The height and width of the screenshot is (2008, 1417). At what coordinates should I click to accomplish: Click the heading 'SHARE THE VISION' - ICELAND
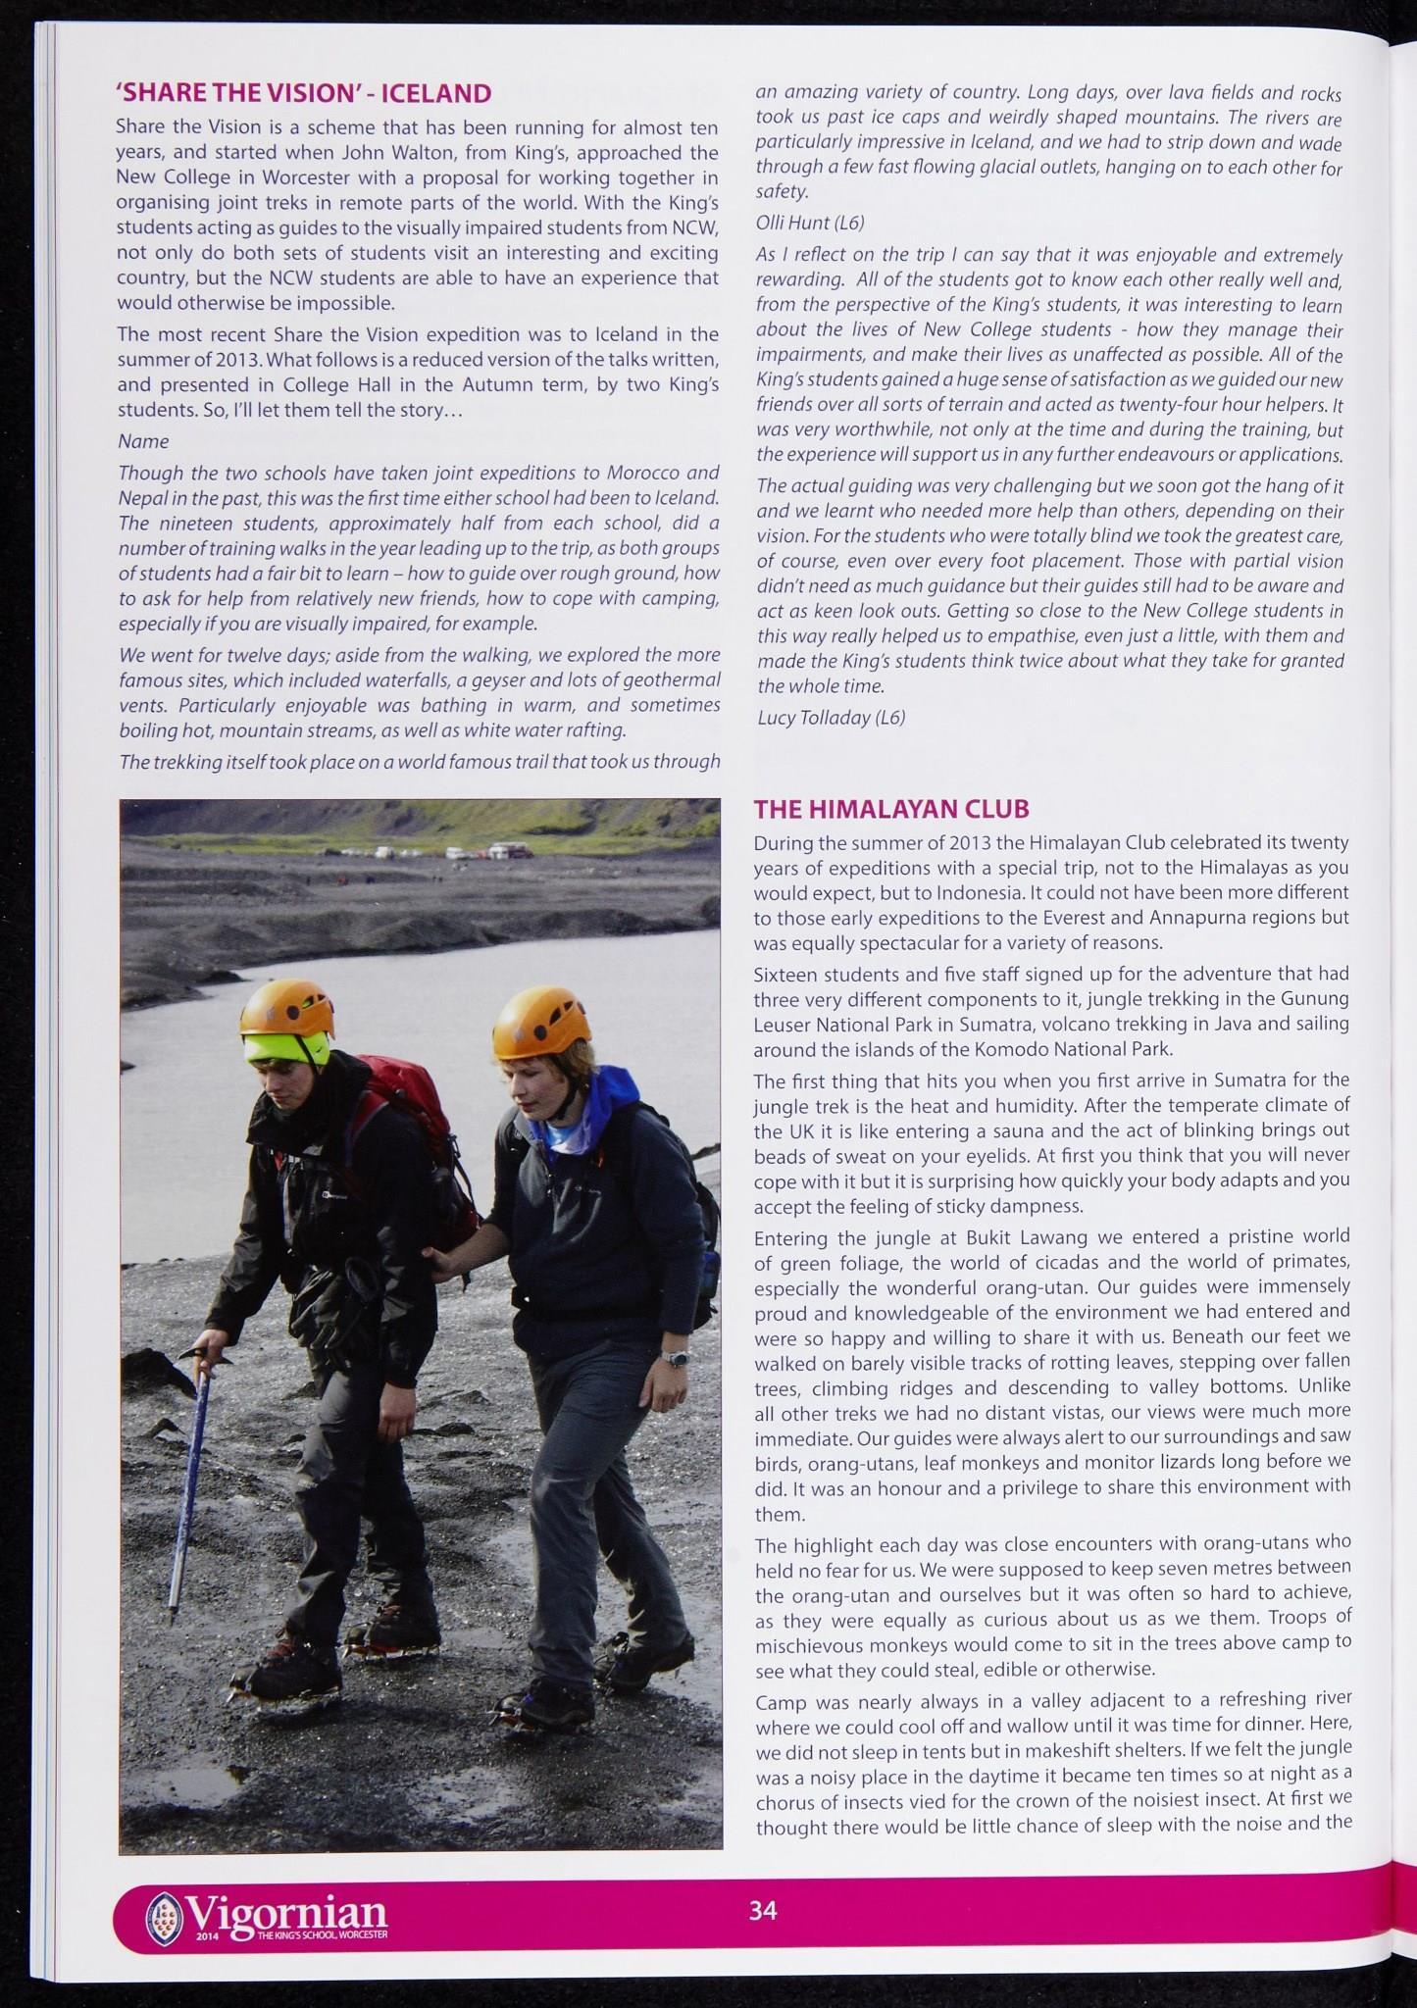[303, 94]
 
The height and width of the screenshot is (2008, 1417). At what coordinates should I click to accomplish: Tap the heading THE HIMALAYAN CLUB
[890, 809]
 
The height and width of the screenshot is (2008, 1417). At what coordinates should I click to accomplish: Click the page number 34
[762, 1909]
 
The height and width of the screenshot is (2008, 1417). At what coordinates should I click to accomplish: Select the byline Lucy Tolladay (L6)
[831, 718]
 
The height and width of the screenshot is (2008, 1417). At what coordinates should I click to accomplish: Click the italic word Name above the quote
[143, 441]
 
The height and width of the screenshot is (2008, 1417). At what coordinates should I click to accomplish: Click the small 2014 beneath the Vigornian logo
[207, 1935]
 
